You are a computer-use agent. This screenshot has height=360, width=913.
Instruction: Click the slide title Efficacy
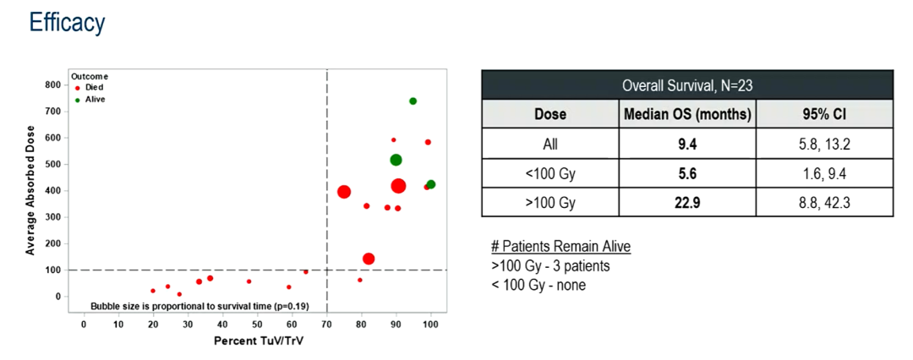(x=67, y=22)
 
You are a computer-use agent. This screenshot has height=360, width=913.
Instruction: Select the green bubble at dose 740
(x=413, y=101)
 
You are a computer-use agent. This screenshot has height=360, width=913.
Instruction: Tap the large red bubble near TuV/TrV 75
(x=344, y=192)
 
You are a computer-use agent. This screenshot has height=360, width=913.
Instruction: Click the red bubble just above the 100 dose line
(x=369, y=259)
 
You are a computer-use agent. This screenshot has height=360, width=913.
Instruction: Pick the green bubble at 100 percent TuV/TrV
(x=431, y=184)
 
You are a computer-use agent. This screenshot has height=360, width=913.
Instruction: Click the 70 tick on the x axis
(x=327, y=325)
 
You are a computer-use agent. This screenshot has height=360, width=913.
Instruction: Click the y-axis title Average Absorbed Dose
(x=30, y=189)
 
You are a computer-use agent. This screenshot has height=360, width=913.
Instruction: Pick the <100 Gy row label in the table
(x=549, y=173)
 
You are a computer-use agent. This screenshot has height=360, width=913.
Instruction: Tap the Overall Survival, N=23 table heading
(x=686, y=85)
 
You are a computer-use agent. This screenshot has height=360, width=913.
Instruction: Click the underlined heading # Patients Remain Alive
(x=560, y=246)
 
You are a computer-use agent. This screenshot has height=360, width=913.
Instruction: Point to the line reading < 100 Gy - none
(x=539, y=285)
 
